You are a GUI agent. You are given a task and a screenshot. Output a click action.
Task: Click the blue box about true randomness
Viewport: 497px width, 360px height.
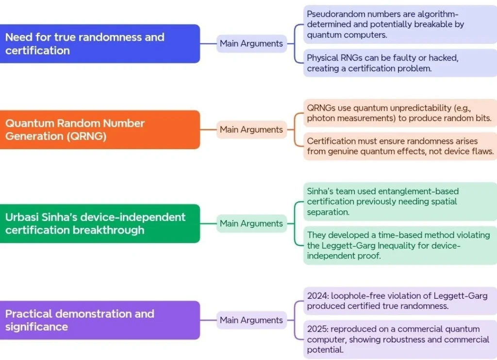[x=99, y=44]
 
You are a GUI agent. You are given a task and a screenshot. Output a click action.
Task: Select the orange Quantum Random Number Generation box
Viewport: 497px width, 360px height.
[x=99, y=130]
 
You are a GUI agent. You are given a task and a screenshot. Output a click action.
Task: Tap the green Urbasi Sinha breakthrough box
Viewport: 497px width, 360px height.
[x=99, y=223]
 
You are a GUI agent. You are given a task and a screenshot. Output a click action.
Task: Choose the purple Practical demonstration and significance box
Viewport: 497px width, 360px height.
[x=99, y=320]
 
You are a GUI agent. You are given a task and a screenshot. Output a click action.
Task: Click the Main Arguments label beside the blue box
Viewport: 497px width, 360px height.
[x=251, y=44]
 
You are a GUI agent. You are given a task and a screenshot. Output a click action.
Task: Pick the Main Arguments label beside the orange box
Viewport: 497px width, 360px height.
[x=251, y=130]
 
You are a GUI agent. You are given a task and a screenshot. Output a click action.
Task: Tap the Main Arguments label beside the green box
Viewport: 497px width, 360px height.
[x=251, y=223]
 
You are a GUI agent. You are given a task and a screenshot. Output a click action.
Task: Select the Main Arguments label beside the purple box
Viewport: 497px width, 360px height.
[x=251, y=320]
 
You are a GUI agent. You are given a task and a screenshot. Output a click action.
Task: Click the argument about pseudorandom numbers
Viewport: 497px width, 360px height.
[x=400, y=24]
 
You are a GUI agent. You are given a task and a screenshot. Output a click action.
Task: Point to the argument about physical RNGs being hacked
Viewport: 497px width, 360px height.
[x=400, y=63]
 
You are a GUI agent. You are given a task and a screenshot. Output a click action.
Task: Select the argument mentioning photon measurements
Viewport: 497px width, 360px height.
[x=400, y=113]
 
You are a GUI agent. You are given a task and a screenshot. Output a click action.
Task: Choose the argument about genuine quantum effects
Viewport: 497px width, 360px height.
[x=400, y=146]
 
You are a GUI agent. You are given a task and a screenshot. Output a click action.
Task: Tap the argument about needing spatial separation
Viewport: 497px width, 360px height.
[x=400, y=202]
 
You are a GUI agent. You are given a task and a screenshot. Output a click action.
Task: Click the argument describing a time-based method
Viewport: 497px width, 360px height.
[x=400, y=245]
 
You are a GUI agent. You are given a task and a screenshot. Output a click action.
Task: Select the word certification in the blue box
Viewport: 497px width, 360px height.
[x=37, y=51]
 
